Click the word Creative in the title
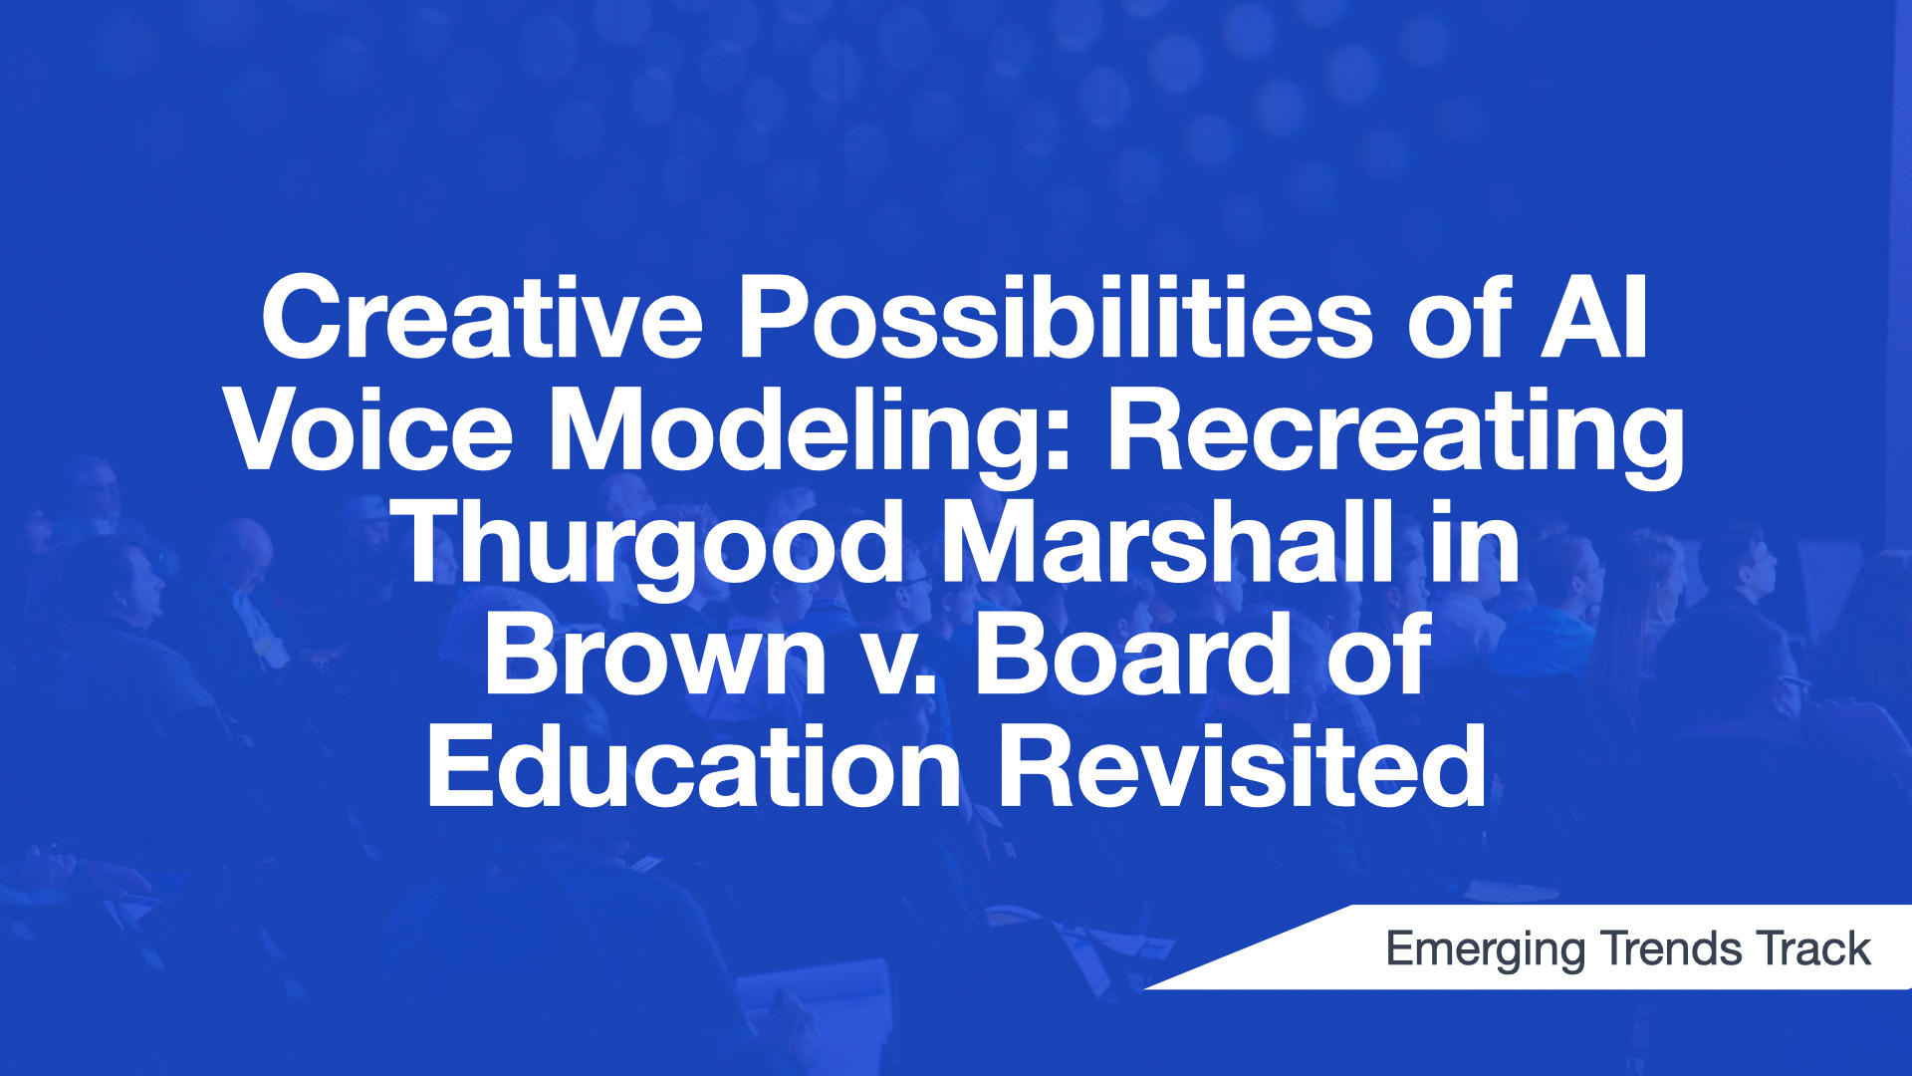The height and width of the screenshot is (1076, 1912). [x=482, y=318]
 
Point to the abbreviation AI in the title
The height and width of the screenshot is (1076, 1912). [x=1594, y=318]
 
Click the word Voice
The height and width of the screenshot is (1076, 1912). [x=369, y=430]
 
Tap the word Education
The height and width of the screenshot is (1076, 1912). [x=695, y=767]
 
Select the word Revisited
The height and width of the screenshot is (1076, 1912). [x=1243, y=767]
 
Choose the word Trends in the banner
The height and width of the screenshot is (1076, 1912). [x=1670, y=948]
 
